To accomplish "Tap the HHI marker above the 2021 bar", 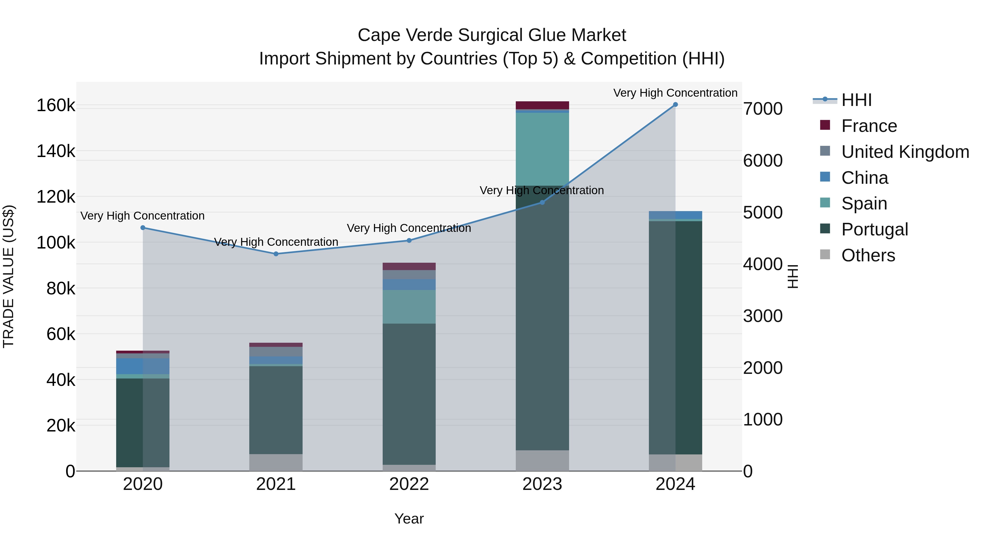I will (x=276, y=254).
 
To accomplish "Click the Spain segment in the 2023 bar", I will (x=542, y=149).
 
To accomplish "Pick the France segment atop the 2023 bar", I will (x=542, y=105).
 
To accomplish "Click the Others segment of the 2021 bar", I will (x=276, y=462).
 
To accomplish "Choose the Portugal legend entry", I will (x=874, y=229).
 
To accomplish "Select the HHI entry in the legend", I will (x=856, y=100).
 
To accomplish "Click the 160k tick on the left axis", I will (x=56, y=105).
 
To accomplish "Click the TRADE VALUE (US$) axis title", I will (x=8, y=276).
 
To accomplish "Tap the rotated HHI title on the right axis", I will (x=793, y=276).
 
